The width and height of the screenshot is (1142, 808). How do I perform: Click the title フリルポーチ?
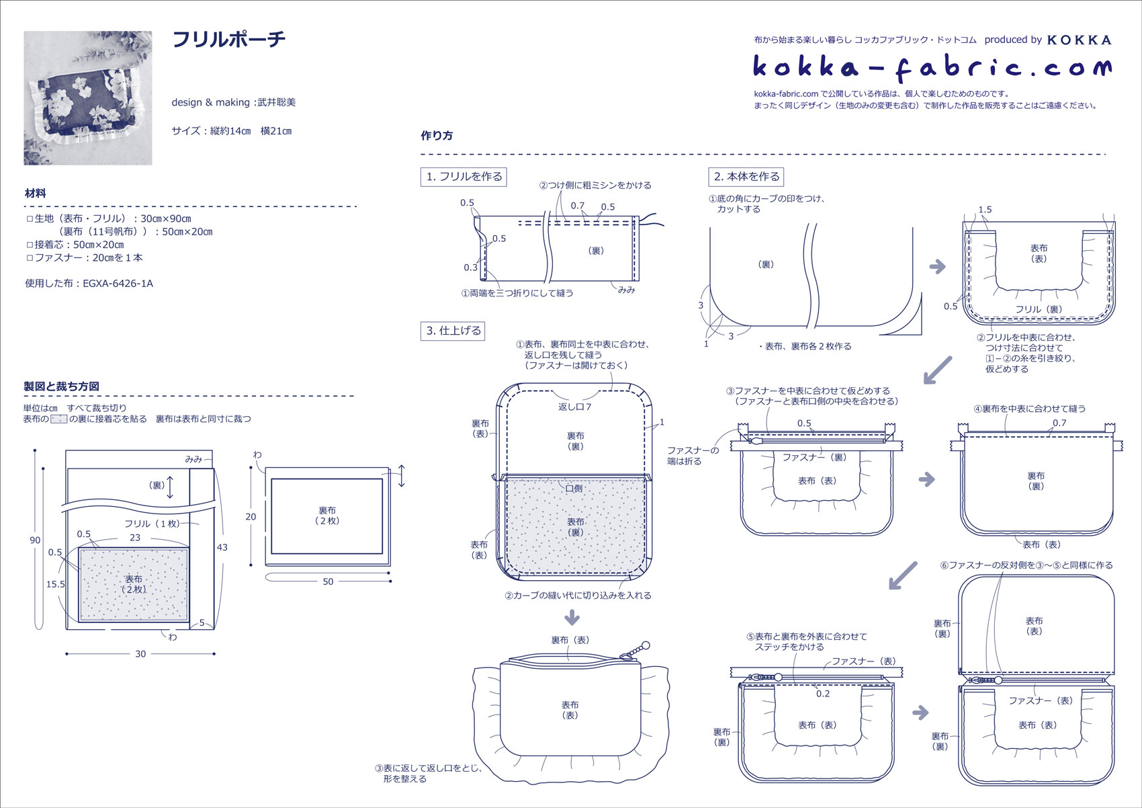click(x=229, y=40)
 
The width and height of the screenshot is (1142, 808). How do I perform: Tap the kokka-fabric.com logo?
click(x=932, y=67)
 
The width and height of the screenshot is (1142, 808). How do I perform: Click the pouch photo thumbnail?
click(x=88, y=98)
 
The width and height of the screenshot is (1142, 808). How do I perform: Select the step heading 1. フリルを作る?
click(x=464, y=177)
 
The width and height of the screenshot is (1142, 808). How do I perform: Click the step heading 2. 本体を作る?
click(x=746, y=177)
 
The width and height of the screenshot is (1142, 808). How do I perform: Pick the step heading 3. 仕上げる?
click(x=453, y=331)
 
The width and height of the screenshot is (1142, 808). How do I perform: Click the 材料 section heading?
click(x=36, y=194)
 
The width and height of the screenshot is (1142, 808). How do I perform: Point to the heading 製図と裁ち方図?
click(x=61, y=387)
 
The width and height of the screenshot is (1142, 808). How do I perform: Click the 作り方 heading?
click(x=437, y=136)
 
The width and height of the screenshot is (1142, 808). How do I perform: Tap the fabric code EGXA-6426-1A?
click(x=118, y=284)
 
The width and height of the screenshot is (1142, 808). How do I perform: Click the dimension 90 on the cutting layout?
click(x=35, y=540)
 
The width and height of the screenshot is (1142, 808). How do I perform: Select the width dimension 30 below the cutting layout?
click(x=140, y=654)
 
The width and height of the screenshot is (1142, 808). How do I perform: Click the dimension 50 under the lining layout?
click(x=328, y=582)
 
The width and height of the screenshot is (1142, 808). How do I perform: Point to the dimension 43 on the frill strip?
click(x=222, y=548)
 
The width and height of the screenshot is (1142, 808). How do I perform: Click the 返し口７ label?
click(x=575, y=407)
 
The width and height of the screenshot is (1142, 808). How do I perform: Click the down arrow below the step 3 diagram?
click(x=572, y=616)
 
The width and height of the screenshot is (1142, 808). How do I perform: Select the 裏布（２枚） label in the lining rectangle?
click(x=327, y=516)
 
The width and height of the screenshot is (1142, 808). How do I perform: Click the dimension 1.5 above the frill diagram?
click(x=985, y=210)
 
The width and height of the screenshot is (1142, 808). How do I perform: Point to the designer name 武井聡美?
click(x=277, y=103)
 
